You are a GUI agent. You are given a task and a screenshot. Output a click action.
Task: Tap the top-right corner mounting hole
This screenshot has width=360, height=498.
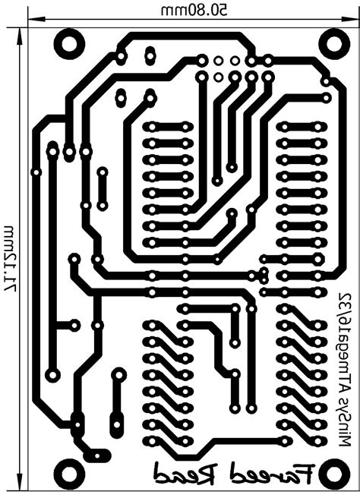click(335, 43)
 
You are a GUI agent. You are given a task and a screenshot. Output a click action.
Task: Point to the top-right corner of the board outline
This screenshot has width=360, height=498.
click(358, 27)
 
